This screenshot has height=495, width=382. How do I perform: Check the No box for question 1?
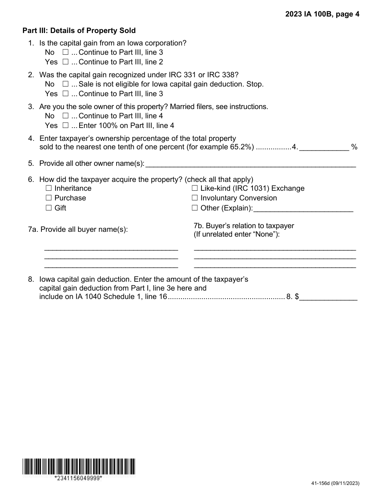pyautogui.click(x=66, y=52)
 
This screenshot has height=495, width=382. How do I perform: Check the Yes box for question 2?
pyautogui.click(x=66, y=94)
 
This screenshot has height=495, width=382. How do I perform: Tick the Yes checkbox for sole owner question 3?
pyautogui.click(x=66, y=126)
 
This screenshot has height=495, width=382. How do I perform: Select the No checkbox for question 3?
pyautogui.click(x=66, y=116)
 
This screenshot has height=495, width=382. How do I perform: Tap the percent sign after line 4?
pyautogui.click(x=354, y=147)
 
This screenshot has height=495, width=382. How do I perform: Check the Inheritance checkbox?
pyautogui.click(x=49, y=188)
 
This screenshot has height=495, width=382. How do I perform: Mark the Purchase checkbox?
pyautogui.click(x=49, y=198)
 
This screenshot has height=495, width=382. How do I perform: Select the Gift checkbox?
pyautogui.click(x=49, y=208)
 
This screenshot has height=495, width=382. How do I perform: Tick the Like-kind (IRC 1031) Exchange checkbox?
pyautogui.click(x=195, y=188)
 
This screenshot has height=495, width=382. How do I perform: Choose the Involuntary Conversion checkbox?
pyautogui.click(x=195, y=198)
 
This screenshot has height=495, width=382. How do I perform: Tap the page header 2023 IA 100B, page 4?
pyautogui.click(x=322, y=14)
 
